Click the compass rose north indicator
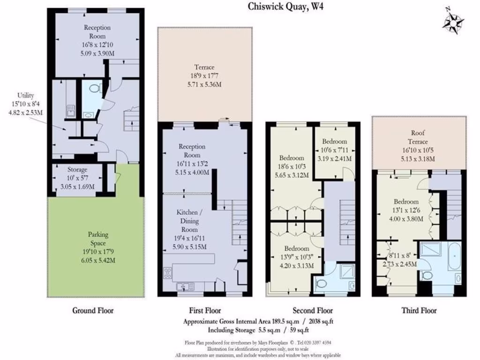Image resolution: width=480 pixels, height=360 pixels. point(453,20)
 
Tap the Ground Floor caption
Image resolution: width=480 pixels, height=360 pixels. point(93,310)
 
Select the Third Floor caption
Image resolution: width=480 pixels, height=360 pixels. point(419,310)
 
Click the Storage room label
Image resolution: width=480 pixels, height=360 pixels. point(78,170)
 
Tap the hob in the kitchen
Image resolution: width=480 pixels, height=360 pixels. point(168,272)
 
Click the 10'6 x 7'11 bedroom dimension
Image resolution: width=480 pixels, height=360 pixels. point(335,150)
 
